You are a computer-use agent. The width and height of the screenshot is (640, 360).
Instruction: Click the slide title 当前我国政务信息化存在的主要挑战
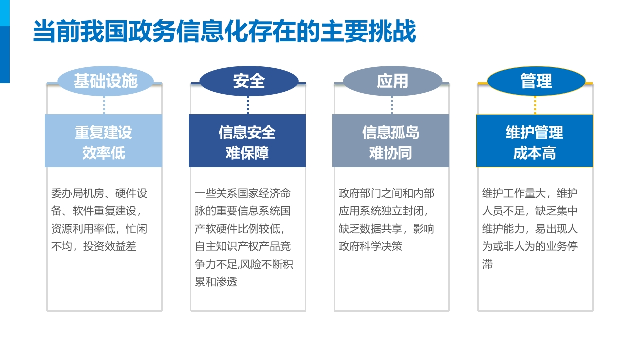[x=224, y=31]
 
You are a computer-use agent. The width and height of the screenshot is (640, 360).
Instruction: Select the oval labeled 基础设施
[x=105, y=81]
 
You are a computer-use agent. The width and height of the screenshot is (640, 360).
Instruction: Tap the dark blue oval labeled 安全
[x=249, y=81]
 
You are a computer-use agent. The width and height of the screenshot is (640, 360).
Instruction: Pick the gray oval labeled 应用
[x=393, y=81]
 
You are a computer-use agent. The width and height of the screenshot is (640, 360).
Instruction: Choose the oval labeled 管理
[x=536, y=81]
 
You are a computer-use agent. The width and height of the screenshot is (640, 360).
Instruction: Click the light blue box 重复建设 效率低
[x=103, y=141]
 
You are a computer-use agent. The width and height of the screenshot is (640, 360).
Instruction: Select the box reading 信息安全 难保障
[x=247, y=141]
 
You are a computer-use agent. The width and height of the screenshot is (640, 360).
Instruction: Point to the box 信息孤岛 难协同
[x=391, y=141]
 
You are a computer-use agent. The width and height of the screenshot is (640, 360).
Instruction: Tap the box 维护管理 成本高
[x=534, y=141]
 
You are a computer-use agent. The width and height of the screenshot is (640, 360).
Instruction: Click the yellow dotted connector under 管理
[x=535, y=105]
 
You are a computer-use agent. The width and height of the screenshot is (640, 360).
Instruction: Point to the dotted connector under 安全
[x=247, y=105]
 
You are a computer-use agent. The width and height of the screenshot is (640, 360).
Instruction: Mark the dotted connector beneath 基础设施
[x=104, y=105]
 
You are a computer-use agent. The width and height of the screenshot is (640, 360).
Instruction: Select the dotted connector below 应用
[x=391, y=105]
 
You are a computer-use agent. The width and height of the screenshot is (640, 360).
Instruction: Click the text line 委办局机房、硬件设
[x=99, y=193]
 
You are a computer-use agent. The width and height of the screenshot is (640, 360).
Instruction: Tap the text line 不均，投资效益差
[x=94, y=246]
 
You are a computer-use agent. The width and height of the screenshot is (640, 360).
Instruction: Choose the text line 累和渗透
[x=216, y=282]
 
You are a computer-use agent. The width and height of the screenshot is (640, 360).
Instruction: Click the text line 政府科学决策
[x=370, y=246]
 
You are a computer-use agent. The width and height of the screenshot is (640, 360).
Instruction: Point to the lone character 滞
[x=487, y=264]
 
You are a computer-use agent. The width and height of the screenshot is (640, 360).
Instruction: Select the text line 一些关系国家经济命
[x=243, y=193]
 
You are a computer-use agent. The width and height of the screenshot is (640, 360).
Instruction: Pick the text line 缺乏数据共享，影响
[x=386, y=229]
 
